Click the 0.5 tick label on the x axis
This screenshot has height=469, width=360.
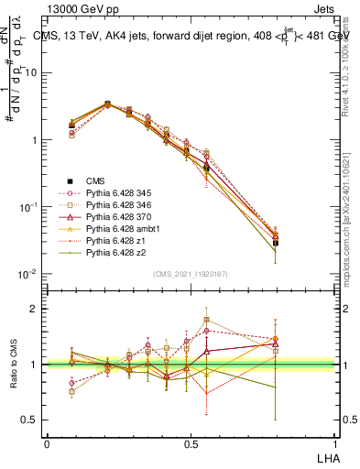[x=191, y=443]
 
